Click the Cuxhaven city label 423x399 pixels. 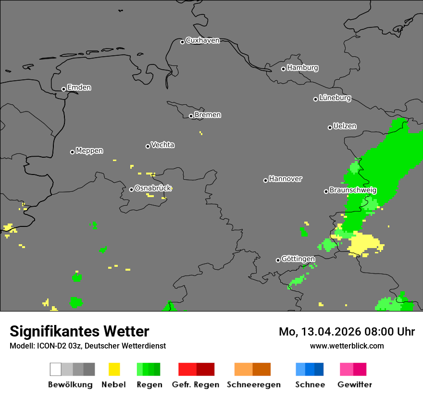pos(202,40)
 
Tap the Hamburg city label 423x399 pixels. pos(302,68)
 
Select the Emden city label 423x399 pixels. pos(79,87)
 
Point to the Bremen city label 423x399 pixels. pos(208,115)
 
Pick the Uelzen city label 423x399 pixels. pos(345,126)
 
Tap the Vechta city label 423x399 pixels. pos(162,145)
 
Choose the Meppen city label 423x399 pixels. pos(89,151)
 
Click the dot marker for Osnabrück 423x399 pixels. pos(131,189)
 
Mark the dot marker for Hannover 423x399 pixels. pos(265,180)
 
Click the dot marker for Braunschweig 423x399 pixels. pos(326,191)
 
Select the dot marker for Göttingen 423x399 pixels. pos(278,260)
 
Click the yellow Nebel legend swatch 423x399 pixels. pos(114,369)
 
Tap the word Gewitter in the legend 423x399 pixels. pos(354,385)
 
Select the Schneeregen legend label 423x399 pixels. pos(253,385)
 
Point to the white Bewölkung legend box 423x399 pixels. pos(56,369)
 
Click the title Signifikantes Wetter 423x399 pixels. pos(79,331)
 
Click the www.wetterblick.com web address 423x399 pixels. pos(347,346)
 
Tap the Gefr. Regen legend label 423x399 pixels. pos(195,385)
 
